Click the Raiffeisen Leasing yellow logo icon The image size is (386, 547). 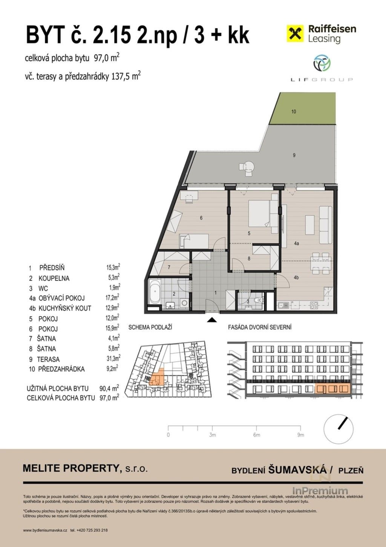(295, 33)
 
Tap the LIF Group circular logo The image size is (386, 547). (322, 63)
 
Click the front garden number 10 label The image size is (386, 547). (294, 112)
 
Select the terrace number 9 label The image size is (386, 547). (294, 155)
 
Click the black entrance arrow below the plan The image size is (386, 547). (212, 320)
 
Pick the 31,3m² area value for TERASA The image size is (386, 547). (113, 359)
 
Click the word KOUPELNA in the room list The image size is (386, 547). (54, 278)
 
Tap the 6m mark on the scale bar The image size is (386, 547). (257, 435)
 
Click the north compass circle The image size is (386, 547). (339, 429)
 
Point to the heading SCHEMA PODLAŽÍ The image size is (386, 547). (150, 327)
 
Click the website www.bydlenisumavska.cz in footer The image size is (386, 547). (45, 530)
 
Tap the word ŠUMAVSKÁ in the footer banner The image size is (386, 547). (297, 470)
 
